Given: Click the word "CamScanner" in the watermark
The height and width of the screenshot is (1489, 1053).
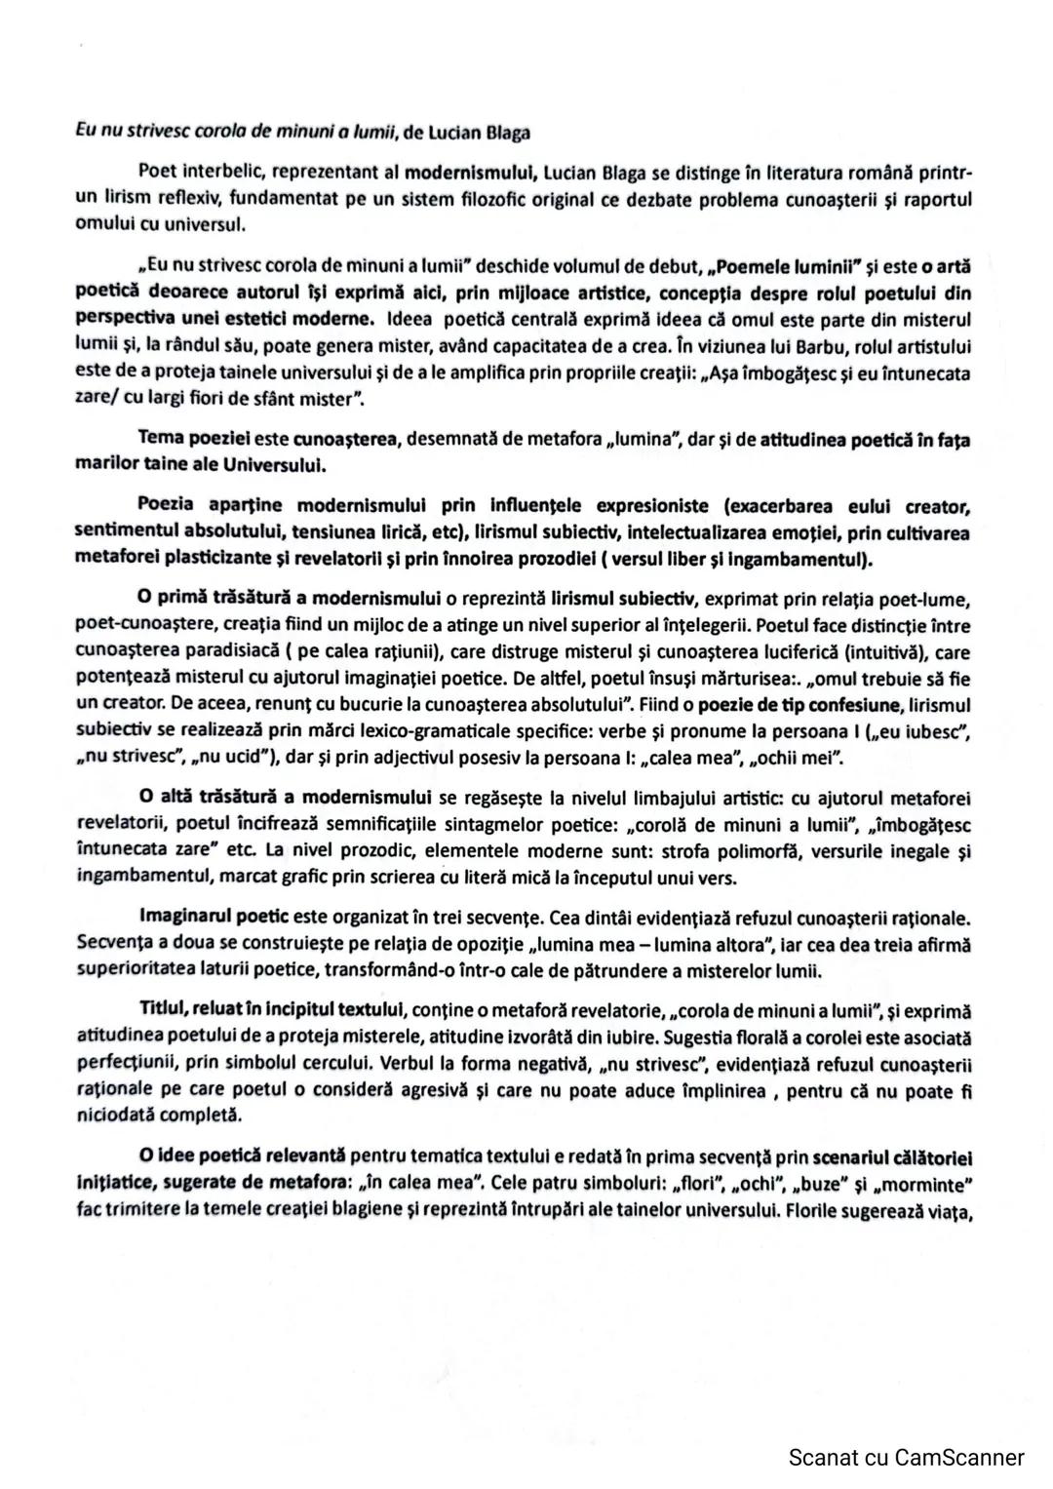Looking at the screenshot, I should click(958, 1457).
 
